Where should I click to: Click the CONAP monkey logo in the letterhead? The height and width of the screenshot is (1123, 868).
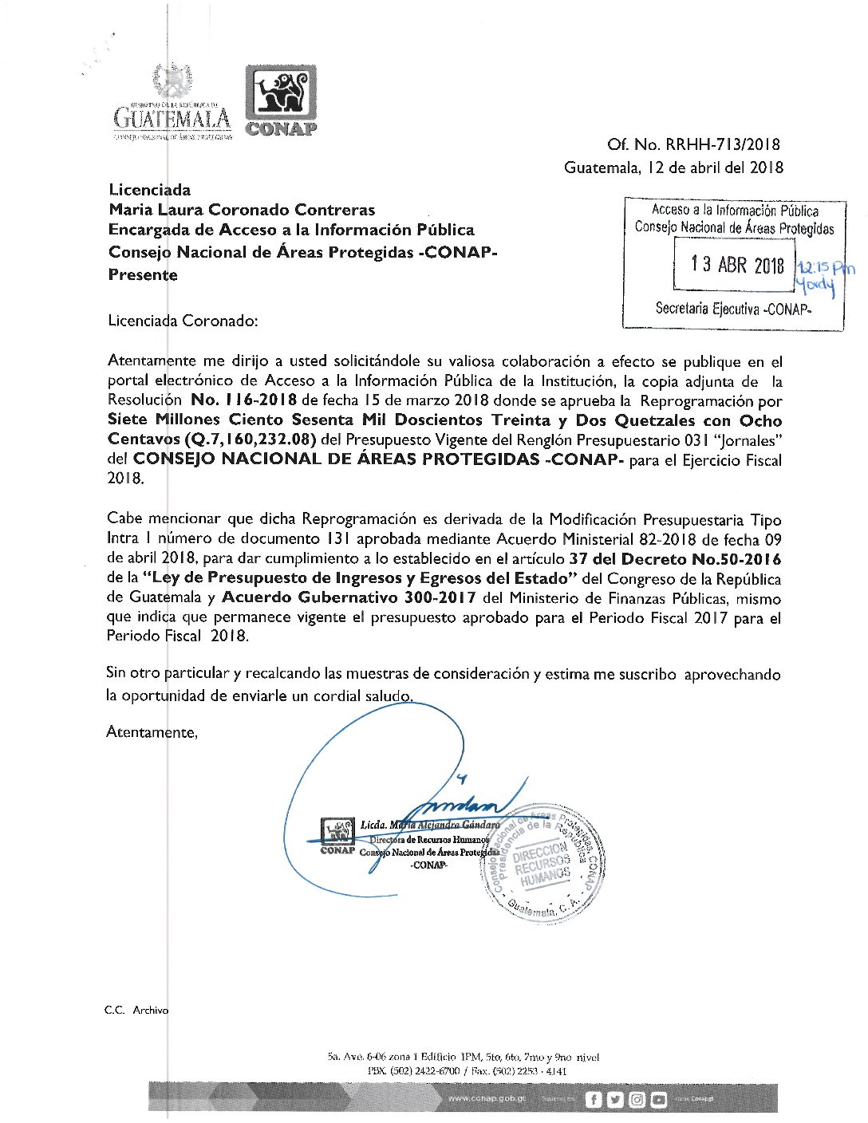281,94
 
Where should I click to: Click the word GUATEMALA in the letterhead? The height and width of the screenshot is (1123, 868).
172,118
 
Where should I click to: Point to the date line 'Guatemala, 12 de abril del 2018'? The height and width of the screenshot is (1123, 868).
673,167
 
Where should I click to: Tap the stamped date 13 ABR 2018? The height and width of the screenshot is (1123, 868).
737,264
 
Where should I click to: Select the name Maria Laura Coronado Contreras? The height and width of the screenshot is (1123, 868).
242,210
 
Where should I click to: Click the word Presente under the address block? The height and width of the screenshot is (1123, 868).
143,275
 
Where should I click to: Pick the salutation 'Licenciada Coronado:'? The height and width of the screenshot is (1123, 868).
183,321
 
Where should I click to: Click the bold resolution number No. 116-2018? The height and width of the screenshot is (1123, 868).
243,400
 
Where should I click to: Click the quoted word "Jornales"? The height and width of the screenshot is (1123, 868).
747,439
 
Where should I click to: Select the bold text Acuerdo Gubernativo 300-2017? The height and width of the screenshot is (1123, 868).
349,597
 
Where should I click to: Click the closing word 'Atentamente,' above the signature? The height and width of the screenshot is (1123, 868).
152,732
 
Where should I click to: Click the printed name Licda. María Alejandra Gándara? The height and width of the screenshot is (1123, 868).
429,825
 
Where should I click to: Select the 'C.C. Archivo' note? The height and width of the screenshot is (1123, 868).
136,1010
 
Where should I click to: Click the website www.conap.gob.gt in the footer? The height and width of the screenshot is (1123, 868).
487,1098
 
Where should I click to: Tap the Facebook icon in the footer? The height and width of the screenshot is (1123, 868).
593,1100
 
